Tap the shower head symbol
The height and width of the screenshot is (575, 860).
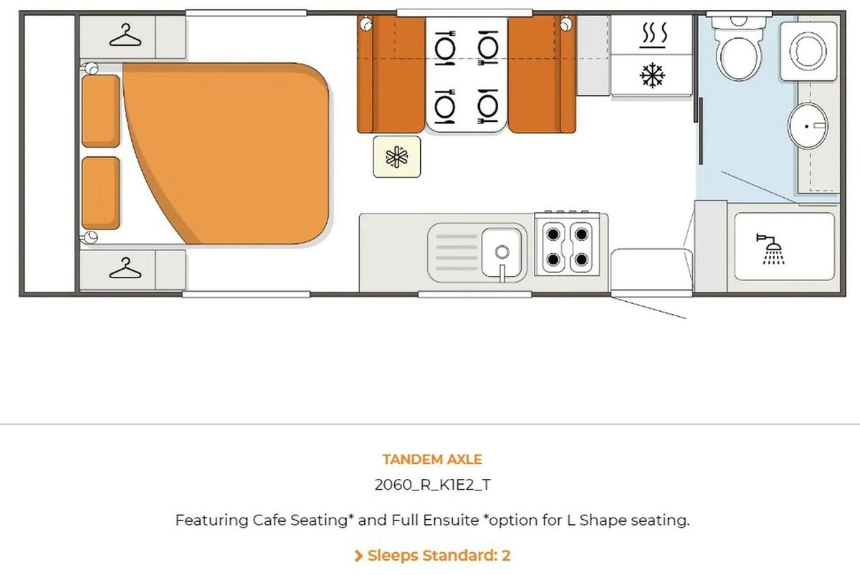click(x=771, y=249)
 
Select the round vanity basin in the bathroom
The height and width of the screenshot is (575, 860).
click(x=808, y=125)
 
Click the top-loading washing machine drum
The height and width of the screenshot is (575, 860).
click(x=808, y=51)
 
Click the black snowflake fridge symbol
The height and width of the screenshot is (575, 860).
click(x=652, y=75)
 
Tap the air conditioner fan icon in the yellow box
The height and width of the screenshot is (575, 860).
click(x=397, y=157)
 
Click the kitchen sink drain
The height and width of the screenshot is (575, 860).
click(x=502, y=252)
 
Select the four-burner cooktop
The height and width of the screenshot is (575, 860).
click(x=567, y=246)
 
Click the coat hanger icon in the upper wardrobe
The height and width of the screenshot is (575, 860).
click(x=125, y=35)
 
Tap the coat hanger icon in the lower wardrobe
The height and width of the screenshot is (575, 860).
click(x=125, y=267)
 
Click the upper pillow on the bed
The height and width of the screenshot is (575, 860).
click(x=100, y=111)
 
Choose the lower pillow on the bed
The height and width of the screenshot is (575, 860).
click(x=100, y=193)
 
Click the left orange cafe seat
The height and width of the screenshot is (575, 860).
click(x=391, y=75)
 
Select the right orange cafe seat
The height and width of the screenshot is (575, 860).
click(x=542, y=75)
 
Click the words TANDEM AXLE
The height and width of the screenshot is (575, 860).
click(x=432, y=460)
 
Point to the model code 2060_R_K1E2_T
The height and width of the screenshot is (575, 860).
click(x=433, y=485)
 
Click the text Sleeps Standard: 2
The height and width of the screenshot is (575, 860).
click(x=439, y=556)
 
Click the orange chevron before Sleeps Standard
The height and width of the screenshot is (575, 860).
click(x=358, y=556)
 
